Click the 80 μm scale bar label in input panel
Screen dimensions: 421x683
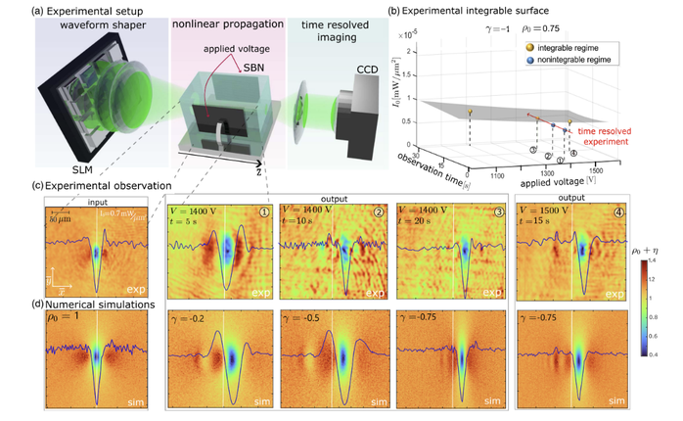(x=56, y=219)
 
